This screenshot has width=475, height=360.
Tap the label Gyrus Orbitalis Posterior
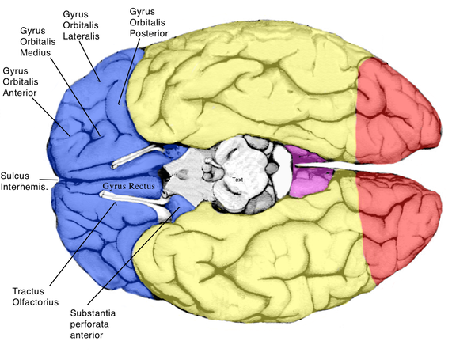pyautogui.click(x=147, y=23)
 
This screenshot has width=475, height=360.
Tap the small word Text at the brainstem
pyautogui.click(x=237, y=180)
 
